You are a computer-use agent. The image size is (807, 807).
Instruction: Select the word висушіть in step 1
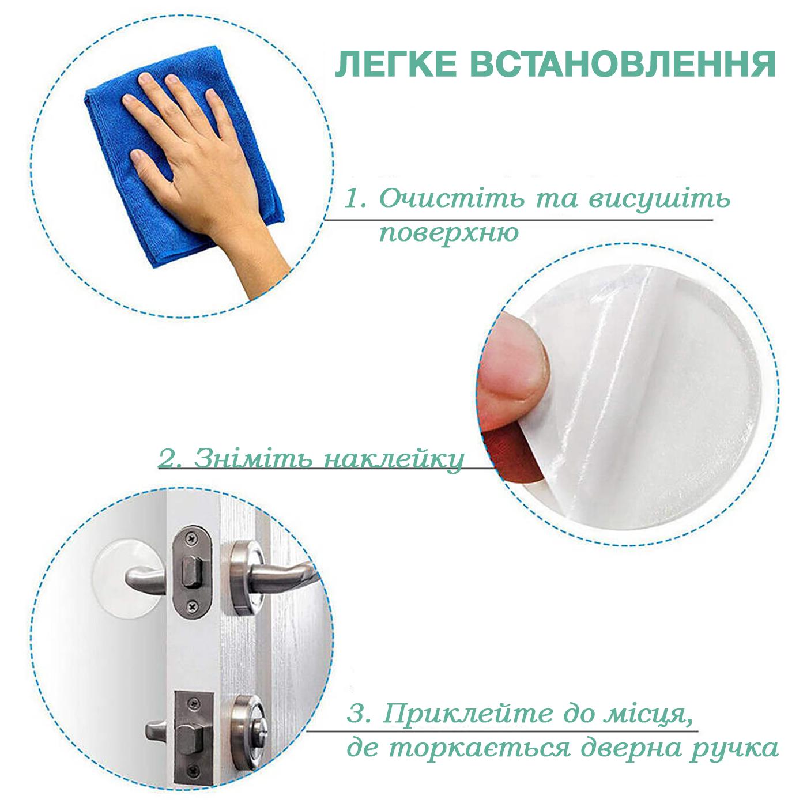coord(659,199)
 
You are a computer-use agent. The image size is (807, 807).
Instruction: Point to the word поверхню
coord(449,233)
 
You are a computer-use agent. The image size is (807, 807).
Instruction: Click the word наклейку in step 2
coord(393,459)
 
